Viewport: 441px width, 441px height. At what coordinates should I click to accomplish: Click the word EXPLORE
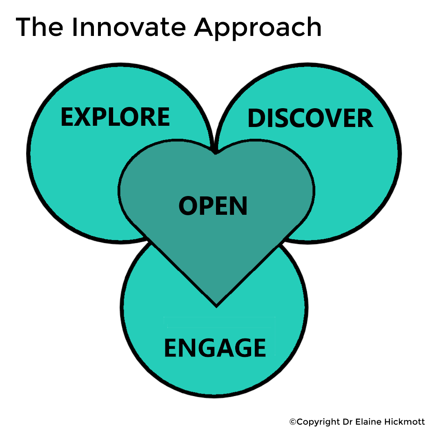115,117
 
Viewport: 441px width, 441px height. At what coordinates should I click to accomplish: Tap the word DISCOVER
310,119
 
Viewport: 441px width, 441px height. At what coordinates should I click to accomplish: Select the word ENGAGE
215,348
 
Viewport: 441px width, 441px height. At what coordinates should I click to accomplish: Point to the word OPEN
213,206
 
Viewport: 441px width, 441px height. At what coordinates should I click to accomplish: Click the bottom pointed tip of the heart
216,305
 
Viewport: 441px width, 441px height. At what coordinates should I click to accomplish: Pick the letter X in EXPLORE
82,117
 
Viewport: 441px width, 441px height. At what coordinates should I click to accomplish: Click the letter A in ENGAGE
224,348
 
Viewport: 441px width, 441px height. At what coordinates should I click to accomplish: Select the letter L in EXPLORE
112,117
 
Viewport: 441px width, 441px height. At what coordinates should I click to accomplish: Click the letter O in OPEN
187,206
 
